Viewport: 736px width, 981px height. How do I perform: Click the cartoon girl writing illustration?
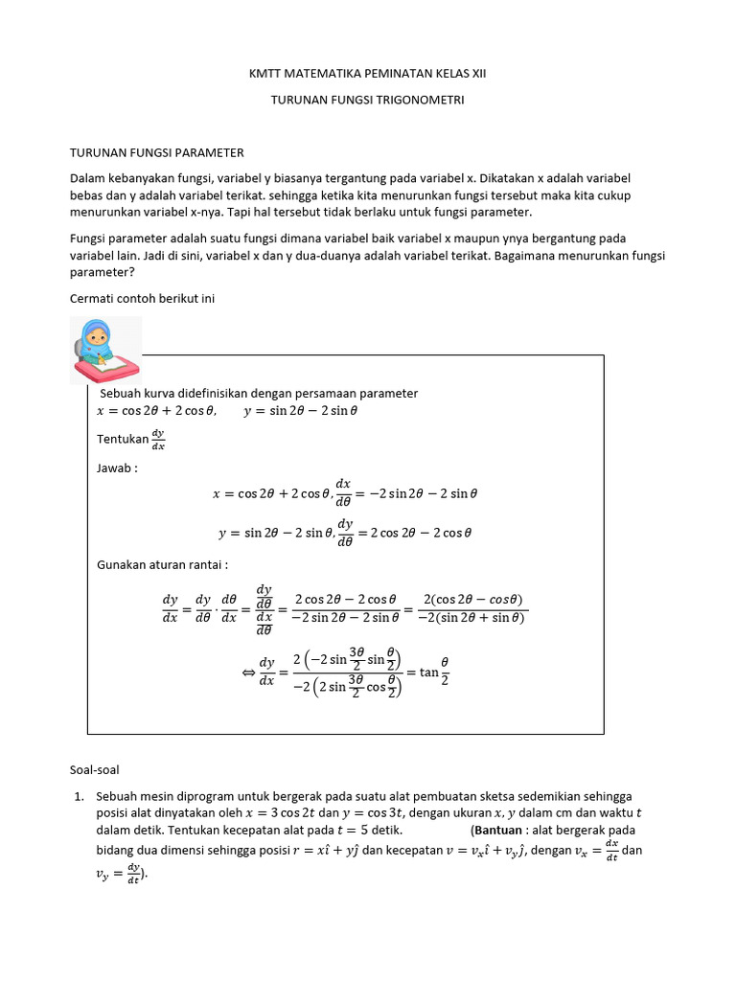point(105,351)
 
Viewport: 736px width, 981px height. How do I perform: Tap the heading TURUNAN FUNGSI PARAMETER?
point(157,152)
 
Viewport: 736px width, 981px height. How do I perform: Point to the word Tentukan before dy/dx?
point(123,439)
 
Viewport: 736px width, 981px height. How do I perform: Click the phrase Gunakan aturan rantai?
point(162,564)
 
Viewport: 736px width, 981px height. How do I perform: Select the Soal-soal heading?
point(96,769)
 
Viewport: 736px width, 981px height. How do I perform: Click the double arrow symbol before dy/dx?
point(247,673)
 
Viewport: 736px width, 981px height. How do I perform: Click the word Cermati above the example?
point(95,298)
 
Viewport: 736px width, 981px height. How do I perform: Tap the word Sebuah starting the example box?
point(125,393)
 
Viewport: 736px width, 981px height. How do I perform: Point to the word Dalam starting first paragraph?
point(90,179)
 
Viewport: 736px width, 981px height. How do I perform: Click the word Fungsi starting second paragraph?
point(92,238)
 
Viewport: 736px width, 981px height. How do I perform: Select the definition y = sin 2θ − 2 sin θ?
point(300,411)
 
